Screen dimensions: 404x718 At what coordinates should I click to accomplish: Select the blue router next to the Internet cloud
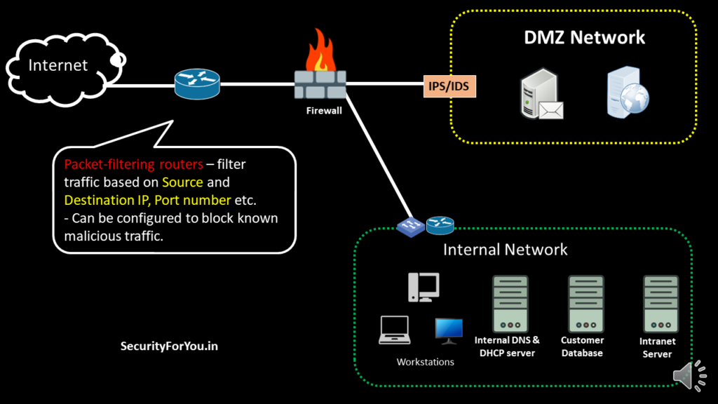coord(197,84)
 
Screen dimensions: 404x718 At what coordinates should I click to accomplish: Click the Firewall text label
coord(324,110)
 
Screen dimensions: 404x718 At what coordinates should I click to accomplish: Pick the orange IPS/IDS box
coord(449,87)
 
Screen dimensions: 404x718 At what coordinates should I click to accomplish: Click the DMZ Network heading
coord(584,38)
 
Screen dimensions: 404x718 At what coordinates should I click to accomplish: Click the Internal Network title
coord(505,250)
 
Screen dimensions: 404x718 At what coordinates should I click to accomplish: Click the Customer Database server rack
coord(585,304)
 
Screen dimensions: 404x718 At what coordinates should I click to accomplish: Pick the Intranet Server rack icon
coord(661,304)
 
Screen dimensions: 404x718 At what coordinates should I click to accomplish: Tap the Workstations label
coord(426,362)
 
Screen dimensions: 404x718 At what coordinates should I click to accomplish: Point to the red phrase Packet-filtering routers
coord(133,164)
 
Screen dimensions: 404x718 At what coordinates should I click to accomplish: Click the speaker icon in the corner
coord(690,377)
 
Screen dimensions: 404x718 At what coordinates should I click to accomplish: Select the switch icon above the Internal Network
coord(409,227)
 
